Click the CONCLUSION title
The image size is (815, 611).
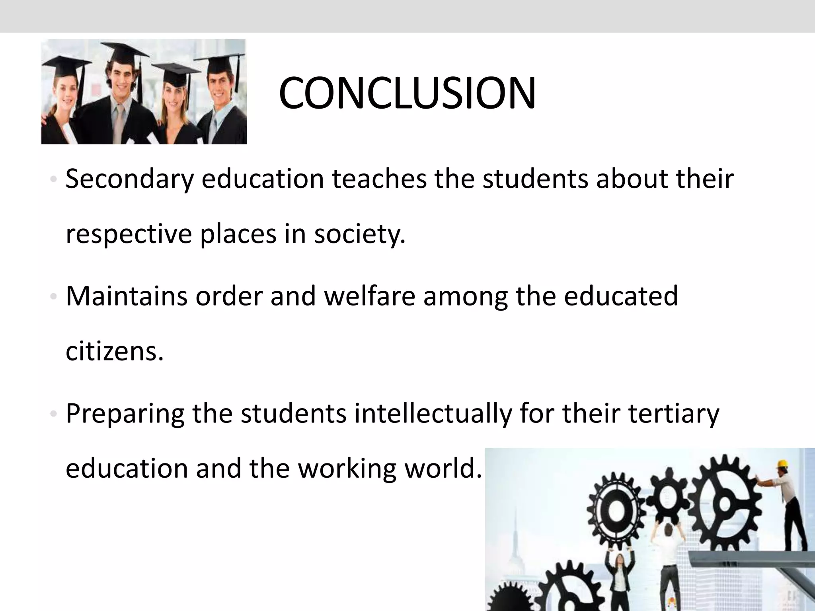[407, 94]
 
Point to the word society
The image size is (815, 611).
[359, 235]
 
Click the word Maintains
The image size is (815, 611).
[126, 296]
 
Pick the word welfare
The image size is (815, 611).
[370, 296]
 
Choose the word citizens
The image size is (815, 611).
[114, 351]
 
